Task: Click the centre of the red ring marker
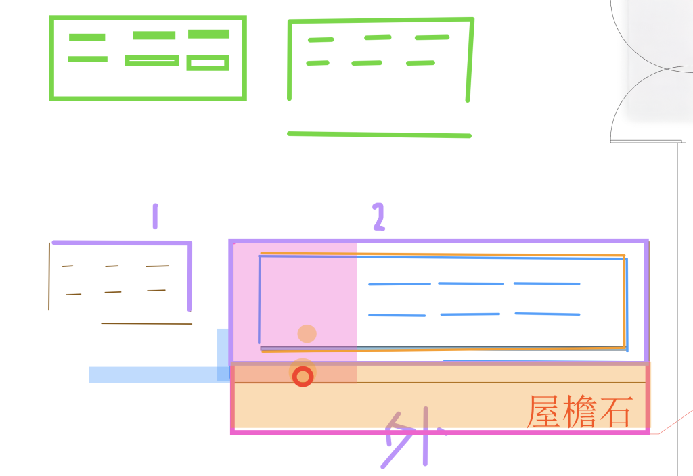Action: point(303,377)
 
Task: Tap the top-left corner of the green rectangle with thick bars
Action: point(51,17)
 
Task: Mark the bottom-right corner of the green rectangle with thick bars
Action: point(244,99)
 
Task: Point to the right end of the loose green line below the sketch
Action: point(470,136)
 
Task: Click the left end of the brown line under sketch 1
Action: point(102,323)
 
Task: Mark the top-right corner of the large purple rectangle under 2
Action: point(647,241)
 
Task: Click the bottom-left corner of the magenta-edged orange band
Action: point(232,432)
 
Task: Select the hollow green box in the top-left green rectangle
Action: point(208,63)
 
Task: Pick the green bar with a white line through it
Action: point(152,60)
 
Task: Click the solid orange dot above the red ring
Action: point(307,334)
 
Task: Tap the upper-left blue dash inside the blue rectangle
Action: point(399,284)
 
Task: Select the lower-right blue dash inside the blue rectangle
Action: point(547,314)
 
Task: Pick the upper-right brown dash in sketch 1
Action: point(157,266)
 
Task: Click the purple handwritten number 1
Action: point(155,216)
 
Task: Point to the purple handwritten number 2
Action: point(379,217)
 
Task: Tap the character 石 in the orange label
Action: point(616,412)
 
